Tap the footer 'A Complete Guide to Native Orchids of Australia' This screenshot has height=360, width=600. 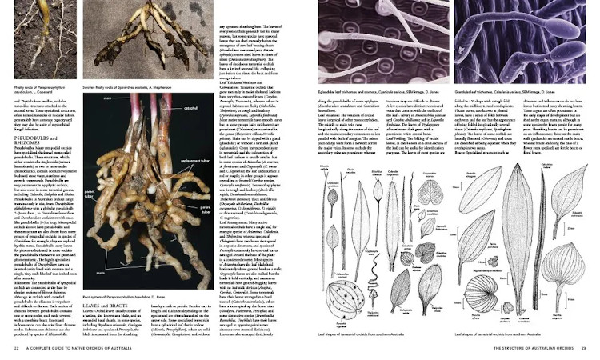72,350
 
